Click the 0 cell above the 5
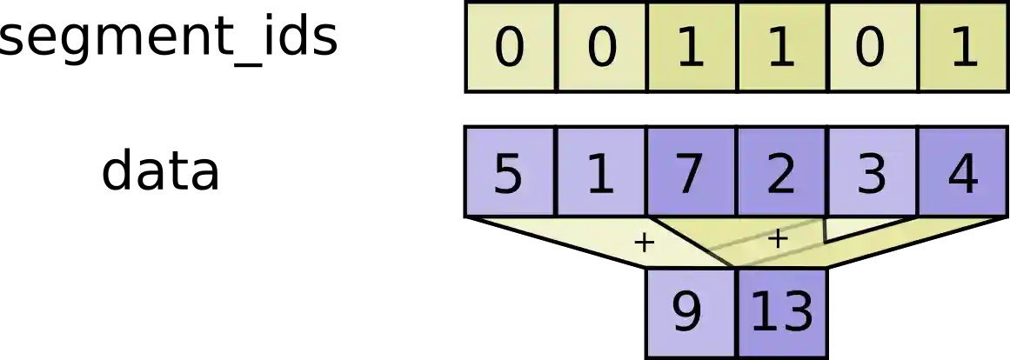coord(510,48)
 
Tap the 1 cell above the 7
coord(691,48)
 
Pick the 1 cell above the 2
coord(781,48)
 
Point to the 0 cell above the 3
coord(872,48)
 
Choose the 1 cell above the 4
coord(963,48)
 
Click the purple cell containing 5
coord(510,172)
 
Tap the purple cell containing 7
coord(691,172)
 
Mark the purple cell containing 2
coord(781,172)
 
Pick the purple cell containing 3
coord(872,172)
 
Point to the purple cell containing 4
coord(963,172)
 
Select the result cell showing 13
coord(781,311)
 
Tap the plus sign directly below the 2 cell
coord(779,238)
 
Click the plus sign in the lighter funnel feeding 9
coord(644,243)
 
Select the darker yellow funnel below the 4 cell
coord(922,237)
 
